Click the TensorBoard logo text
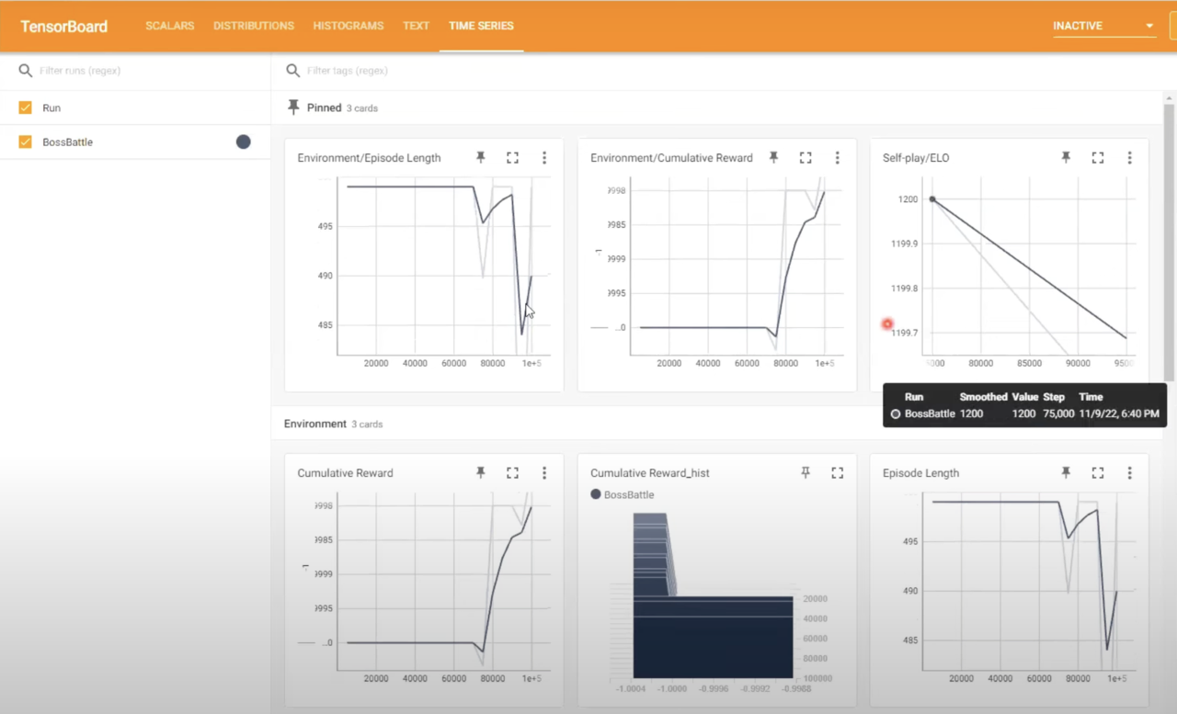pyautogui.click(x=63, y=26)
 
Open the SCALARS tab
pyautogui.click(x=169, y=26)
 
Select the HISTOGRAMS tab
pyautogui.click(x=348, y=26)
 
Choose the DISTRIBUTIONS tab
pyautogui.click(x=254, y=26)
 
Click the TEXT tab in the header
pyautogui.click(x=416, y=26)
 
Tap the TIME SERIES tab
pyautogui.click(x=481, y=26)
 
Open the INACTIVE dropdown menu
pyautogui.click(x=1103, y=26)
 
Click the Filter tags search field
pyautogui.click(x=552, y=71)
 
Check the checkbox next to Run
pyautogui.click(x=26, y=108)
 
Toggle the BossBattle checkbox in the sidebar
pyautogui.click(x=26, y=142)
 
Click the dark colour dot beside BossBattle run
pyautogui.click(x=243, y=142)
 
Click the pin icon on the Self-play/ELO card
pyautogui.click(x=1066, y=158)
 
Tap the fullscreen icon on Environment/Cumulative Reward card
pyautogui.click(x=806, y=158)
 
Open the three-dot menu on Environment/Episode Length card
pyautogui.click(x=544, y=158)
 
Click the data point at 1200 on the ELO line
pyautogui.click(x=932, y=199)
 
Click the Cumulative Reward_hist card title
pyautogui.click(x=649, y=473)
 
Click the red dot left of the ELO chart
pyautogui.click(x=887, y=323)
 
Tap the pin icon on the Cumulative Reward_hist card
pyautogui.click(x=806, y=472)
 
